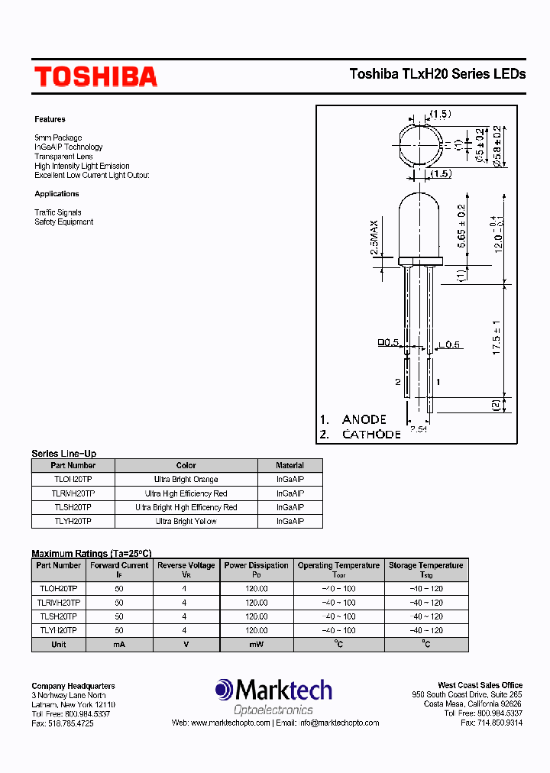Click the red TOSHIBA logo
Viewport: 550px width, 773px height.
(95, 76)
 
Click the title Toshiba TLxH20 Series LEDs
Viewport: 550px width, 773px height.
(437, 74)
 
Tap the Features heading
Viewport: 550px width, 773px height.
(50, 119)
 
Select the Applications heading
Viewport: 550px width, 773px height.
(57, 194)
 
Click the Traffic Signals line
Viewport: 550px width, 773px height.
(57, 212)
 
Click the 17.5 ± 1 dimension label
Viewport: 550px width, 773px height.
(497, 337)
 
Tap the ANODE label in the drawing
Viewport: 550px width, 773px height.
(364, 419)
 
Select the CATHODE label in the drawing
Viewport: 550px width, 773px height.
(371, 434)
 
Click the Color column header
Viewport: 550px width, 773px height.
(186, 465)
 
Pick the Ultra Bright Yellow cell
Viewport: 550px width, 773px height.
(186, 521)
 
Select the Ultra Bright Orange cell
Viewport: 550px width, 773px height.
(186, 479)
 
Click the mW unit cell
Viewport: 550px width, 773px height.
(256, 645)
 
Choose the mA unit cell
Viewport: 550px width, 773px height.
(118, 645)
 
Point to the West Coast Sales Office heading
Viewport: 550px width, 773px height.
(480, 685)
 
